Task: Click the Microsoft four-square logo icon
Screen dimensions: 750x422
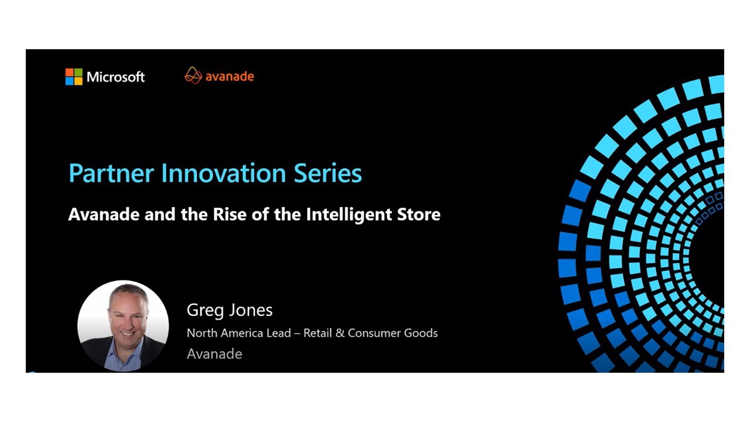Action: pos(74,77)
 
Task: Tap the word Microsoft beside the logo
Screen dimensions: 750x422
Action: pos(115,77)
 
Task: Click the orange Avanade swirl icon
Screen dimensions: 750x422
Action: pos(193,76)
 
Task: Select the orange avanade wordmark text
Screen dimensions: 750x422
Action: pos(230,76)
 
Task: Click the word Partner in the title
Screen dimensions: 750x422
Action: pos(111,173)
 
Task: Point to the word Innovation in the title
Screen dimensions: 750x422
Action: pos(223,173)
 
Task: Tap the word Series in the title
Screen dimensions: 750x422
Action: pos(328,173)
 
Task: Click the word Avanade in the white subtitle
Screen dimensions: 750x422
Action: pos(104,215)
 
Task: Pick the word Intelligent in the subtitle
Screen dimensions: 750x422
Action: pos(349,215)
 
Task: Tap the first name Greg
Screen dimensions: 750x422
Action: pos(205,311)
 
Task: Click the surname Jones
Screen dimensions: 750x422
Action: pos(251,310)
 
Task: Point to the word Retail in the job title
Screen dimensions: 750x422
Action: pos(318,333)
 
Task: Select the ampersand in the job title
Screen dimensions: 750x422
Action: pos(339,333)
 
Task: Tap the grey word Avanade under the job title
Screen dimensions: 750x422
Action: pos(214,354)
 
